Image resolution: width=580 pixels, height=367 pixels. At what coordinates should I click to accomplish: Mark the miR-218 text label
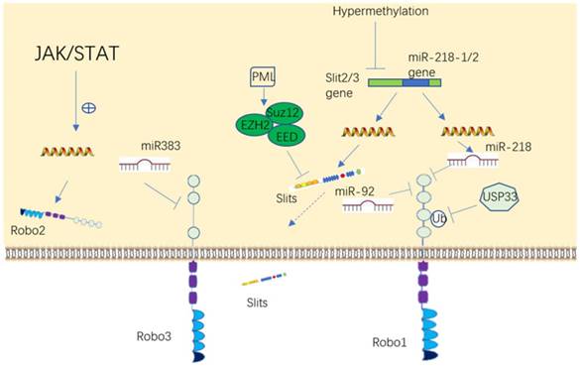pyautogui.click(x=503, y=147)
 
